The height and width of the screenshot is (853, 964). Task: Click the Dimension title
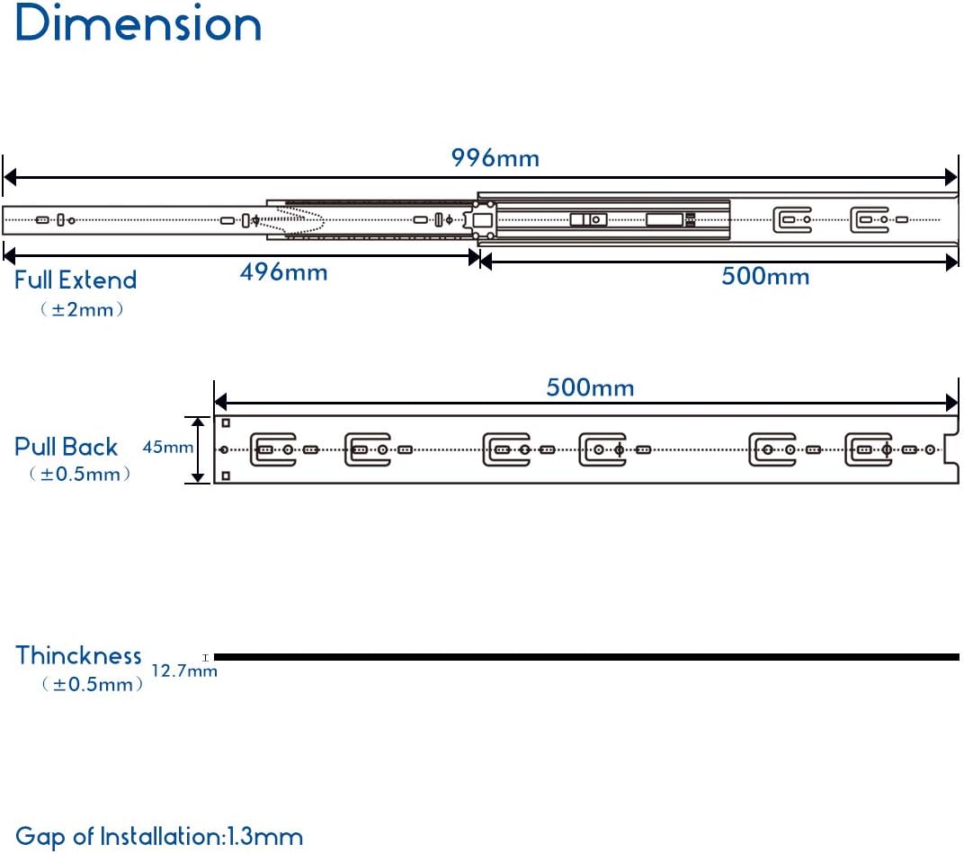[x=138, y=23]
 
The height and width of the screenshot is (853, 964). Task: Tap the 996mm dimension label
[x=495, y=158]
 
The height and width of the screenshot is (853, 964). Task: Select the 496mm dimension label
[x=283, y=272]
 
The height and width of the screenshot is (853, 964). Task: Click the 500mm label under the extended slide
[x=765, y=276]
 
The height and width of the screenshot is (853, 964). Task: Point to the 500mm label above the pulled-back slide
[x=590, y=387]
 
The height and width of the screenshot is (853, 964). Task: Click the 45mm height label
[x=168, y=447]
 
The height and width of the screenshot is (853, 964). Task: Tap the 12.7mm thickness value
[x=184, y=671]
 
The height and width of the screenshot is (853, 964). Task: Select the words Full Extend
[x=76, y=280]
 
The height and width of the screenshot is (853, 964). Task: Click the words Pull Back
[x=66, y=447]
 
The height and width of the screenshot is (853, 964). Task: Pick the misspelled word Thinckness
[x=79, y=656]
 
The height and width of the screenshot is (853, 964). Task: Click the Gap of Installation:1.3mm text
[x=159, y=837]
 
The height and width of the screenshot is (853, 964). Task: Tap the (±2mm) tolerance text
[x=82, y=309]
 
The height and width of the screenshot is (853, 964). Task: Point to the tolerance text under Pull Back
[x=80, y=474]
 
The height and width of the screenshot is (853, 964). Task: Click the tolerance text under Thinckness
[x=93, y=684]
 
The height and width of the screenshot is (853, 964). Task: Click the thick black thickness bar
[x=586, y=657]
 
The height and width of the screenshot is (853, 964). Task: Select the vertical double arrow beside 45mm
[x=198, y=449]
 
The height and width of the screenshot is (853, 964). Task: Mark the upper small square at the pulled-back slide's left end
[x=226, y=422]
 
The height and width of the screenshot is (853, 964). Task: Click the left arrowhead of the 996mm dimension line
[x=10, y=178]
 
